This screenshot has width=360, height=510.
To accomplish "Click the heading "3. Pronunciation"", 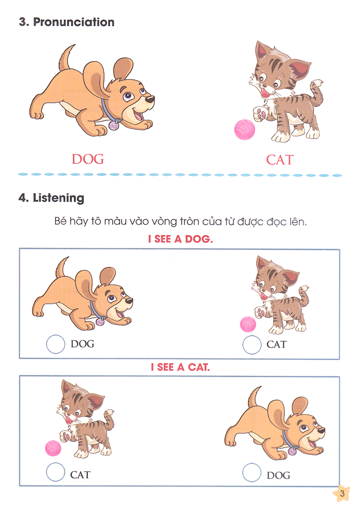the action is [67, 22].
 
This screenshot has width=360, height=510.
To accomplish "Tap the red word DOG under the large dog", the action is [88, 159].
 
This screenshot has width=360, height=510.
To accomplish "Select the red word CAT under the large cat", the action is [279, 160].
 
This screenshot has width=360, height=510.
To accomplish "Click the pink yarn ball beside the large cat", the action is [244, 130].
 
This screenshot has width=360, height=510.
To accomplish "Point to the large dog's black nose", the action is [149, 99].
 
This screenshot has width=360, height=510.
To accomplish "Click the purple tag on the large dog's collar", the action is [114, 126].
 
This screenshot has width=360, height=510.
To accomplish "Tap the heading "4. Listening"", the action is [51, 198].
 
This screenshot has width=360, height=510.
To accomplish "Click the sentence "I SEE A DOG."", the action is [180, 239].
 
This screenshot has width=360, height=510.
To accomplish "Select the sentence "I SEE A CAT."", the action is [180, 367].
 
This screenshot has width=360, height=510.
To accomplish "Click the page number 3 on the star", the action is [342, 493].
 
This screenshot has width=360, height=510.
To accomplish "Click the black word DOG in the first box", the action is [83, 344].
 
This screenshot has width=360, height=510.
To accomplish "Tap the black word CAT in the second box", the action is [80, 475].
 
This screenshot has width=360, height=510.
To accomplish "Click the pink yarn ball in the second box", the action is [53, 448].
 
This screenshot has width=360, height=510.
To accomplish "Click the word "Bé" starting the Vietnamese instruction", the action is [60, 221].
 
